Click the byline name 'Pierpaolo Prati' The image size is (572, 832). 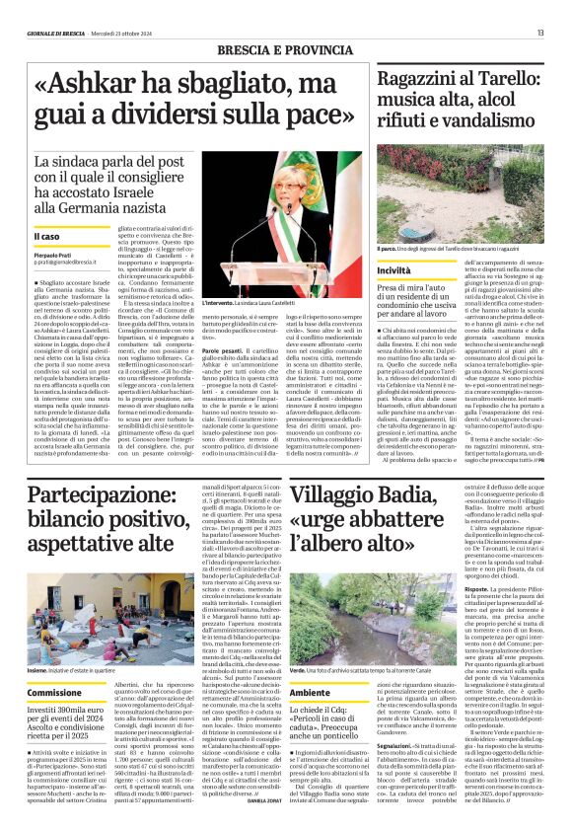(x=53, y=256)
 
